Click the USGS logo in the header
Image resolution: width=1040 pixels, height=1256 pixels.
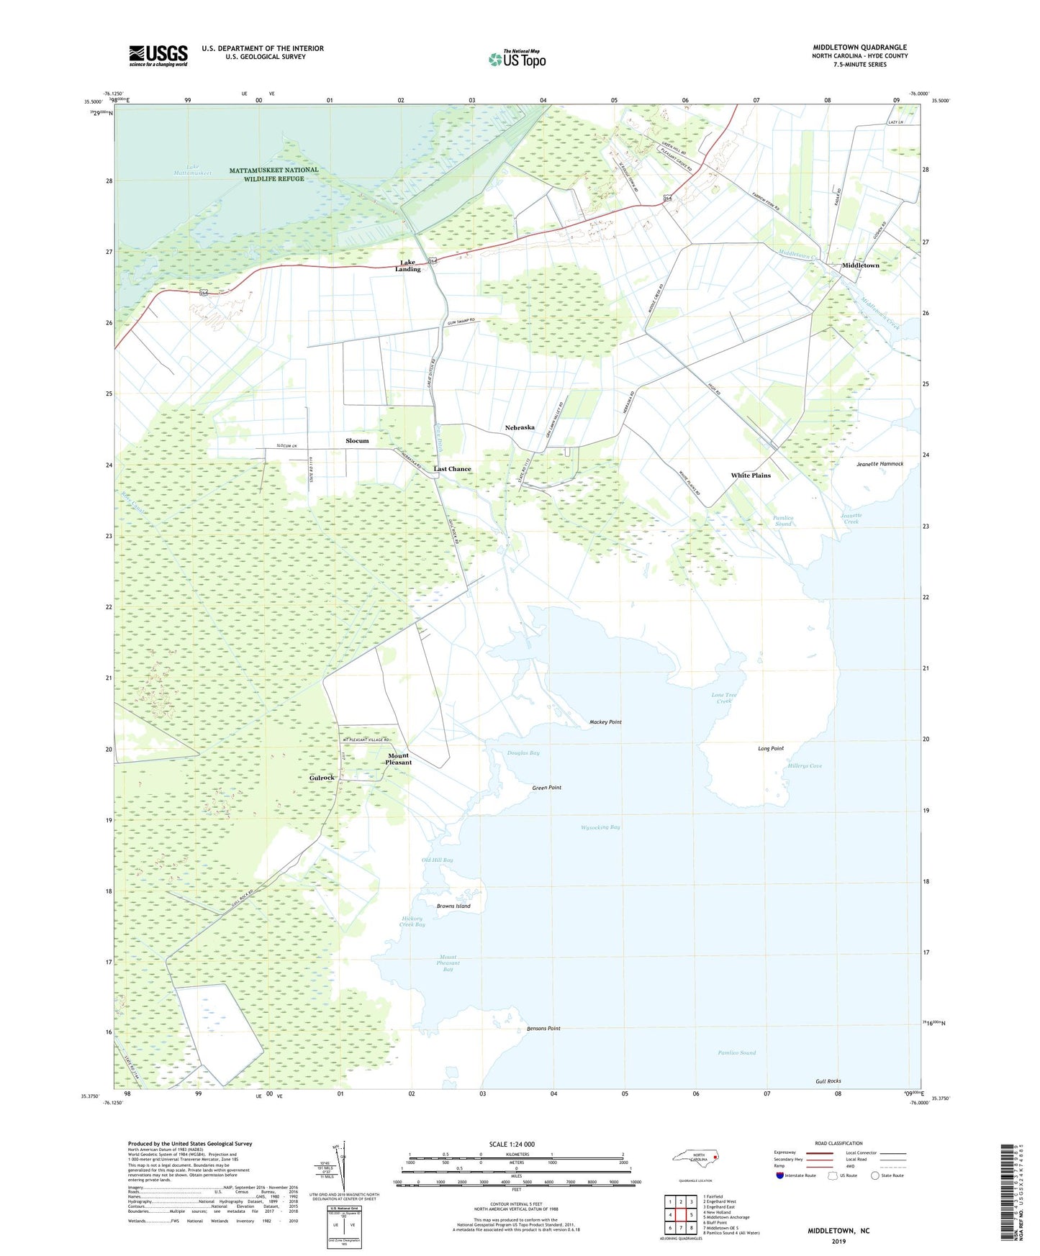(x=158, y=55)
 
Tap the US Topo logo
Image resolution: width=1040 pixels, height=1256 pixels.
(x=517, y=59)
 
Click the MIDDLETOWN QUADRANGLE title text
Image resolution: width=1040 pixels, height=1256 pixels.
(x=859, y=47)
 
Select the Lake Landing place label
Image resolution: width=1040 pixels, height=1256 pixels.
(x=408, y=265)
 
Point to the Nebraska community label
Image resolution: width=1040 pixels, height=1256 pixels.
(x=520, y=427)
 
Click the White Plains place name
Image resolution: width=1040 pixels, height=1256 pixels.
(x=751, y=475)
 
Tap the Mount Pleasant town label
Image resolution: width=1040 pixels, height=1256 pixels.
(x=399, y=759)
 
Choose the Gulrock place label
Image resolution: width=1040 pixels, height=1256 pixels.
(x=322, y=778)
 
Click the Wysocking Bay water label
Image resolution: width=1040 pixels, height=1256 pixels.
(x=600, y=827)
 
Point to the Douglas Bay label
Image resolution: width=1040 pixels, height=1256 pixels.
(x=523, y=752)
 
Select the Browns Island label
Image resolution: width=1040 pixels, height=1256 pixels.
(x=453, y=906)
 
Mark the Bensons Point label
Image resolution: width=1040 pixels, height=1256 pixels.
(x=543, y=1029)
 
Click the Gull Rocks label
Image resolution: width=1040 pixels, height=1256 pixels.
(x=828, y=1080)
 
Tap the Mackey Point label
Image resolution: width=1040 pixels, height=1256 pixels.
(x=605, y=722)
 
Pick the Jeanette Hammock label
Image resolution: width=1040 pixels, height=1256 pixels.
(x=880, y=464)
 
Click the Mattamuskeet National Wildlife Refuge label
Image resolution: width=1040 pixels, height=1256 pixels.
(x=273, y=174)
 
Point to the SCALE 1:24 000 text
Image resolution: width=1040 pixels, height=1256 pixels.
(x=512, y=1144)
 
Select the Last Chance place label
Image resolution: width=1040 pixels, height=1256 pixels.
(x=452, y=469)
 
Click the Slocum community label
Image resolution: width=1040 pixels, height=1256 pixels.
(x=357, y=441)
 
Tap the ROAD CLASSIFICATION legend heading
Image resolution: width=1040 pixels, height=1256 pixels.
(x=838, y=1143)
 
